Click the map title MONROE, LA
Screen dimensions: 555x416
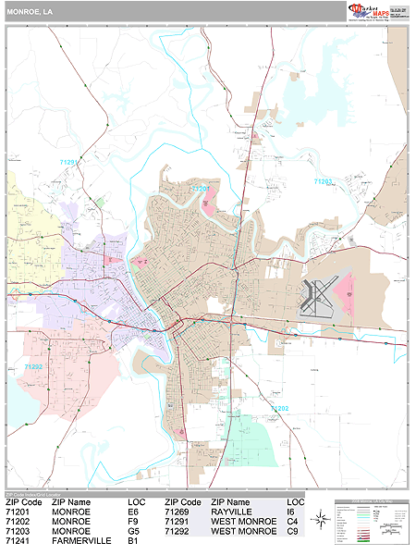point(27,11)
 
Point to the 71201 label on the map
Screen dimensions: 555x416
point(202,189)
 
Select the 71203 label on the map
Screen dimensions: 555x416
point(323,182)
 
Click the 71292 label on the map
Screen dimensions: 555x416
point(33,366)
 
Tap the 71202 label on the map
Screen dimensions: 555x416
point(279,407)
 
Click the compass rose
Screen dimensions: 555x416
point(319,520)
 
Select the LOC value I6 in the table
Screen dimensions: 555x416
point(291,512)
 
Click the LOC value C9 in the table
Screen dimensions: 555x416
point(292,532)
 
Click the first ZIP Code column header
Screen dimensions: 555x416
point(23,501)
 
